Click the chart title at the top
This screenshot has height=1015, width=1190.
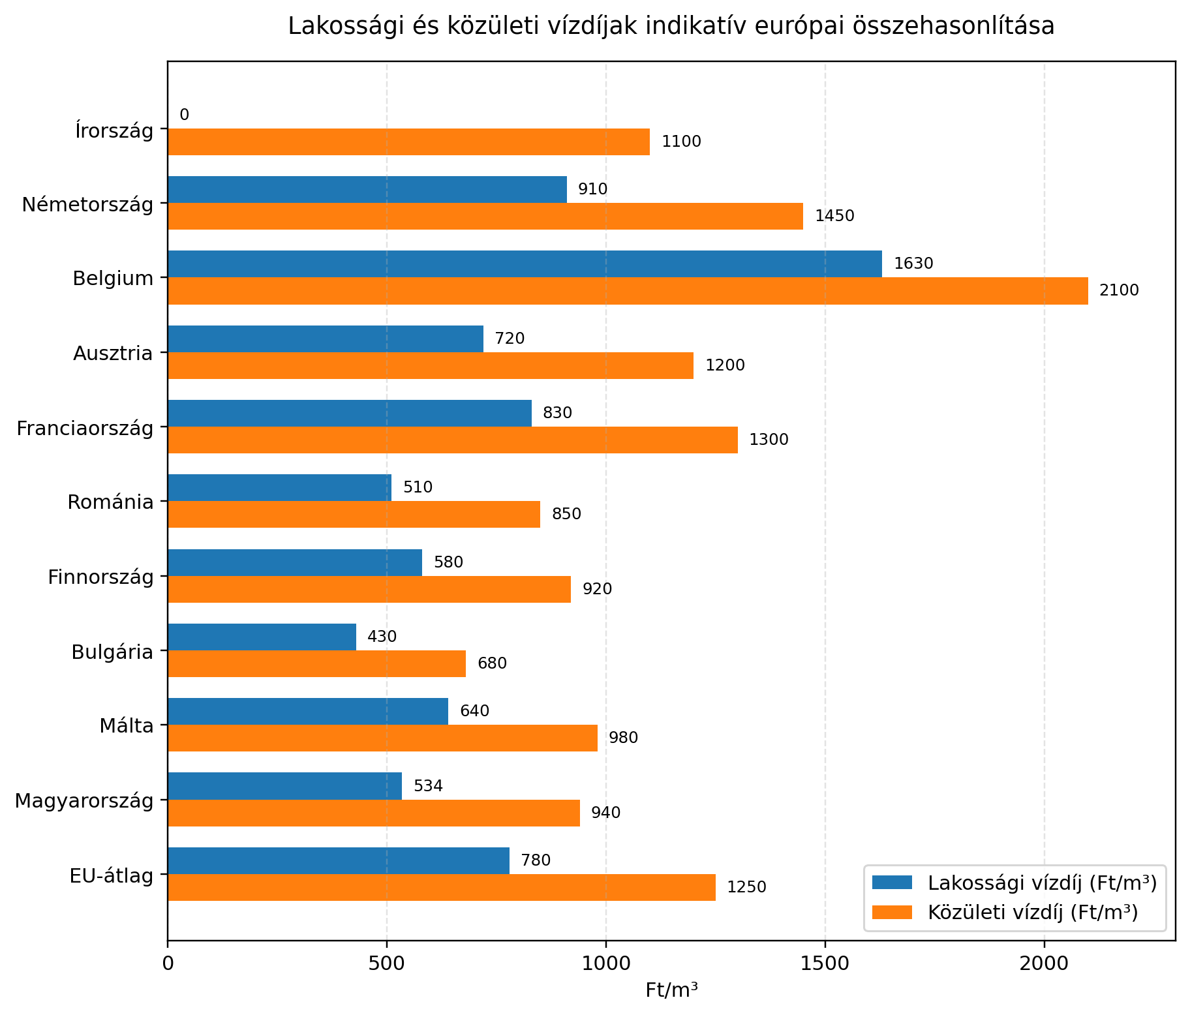click(671, 26)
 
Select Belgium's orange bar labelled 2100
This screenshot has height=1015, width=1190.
click(628, 291)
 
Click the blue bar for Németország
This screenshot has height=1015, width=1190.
click(367, 190)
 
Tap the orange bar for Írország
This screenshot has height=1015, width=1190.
click(408, 142)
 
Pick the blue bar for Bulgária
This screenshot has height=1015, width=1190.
click(262, 637)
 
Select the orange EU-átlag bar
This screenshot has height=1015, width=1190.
click(442, 887)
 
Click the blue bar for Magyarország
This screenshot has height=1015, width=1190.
click(284, 786)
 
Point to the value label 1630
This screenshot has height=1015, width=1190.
click(913, 264)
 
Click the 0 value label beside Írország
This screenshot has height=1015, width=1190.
click(184, 115)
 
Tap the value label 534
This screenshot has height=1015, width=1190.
click(428, 786)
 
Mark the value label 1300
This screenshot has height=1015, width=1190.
click(769, 440)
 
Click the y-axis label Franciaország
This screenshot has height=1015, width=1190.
click(85, 429)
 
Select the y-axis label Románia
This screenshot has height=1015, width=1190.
click(110, 502)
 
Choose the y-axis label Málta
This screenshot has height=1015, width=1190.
click(127, 726)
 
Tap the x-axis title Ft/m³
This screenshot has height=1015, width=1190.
click(671, 990)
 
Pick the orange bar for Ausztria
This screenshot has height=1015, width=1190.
click(431, 365)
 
